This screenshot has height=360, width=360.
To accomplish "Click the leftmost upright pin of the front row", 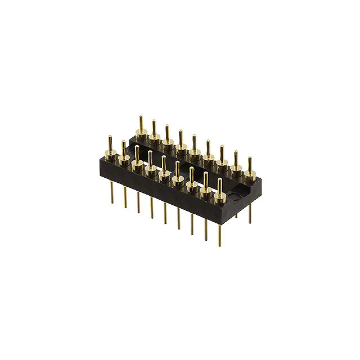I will coord(110,143).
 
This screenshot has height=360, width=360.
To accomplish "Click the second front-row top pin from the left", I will coord(123,149).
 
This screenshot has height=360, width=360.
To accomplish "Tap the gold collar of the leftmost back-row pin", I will coord(141,134).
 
